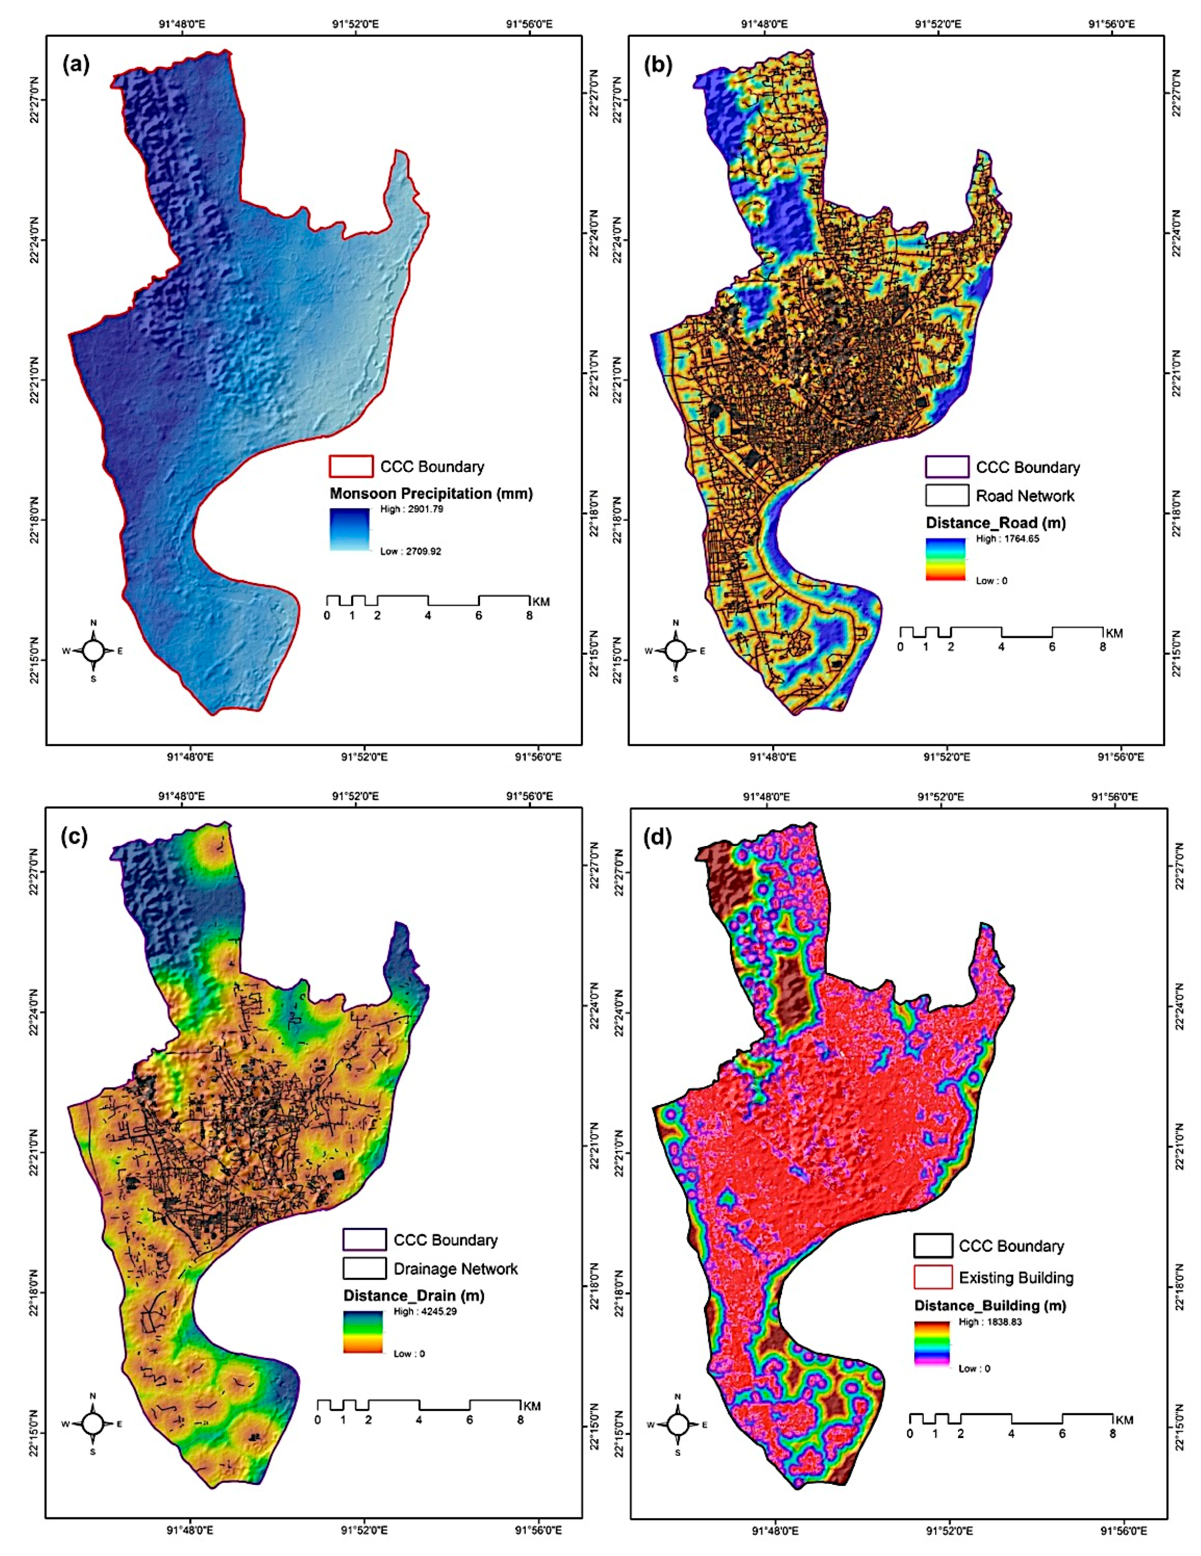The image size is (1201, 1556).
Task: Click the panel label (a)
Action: [x=76, y=65]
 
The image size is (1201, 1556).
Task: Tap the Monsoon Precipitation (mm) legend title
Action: [x=431, y=493]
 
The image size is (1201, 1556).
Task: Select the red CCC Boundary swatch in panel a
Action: [x=350, y=467]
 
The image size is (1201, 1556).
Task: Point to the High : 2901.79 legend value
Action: [x=412, y=510]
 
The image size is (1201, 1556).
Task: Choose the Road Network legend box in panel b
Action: [x=947, y=495]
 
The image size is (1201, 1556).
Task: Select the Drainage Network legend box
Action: [x=364, y=1269]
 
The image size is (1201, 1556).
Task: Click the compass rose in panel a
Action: [x=94, y=650]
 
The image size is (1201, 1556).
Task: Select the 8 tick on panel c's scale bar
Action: [x=521, y=1420]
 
